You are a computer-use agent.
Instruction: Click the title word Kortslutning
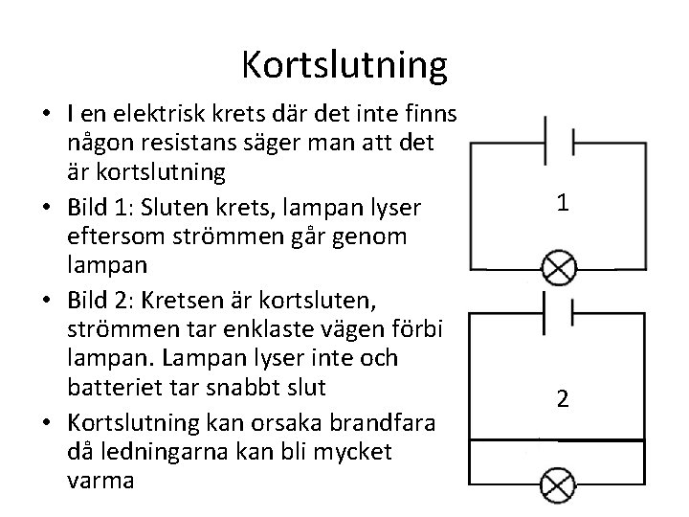344,65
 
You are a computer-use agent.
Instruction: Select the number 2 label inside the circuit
564,399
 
